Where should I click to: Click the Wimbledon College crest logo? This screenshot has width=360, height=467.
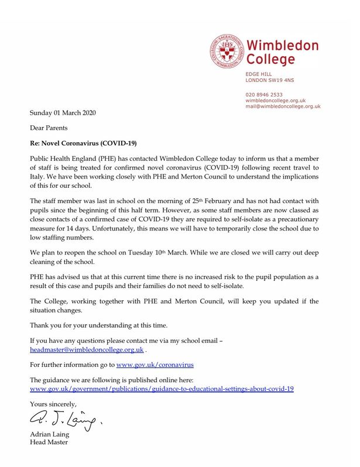[x=227, y=51]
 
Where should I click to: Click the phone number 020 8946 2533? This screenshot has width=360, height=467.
[x=263, y=94]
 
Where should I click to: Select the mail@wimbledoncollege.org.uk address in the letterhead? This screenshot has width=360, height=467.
[x=283, y=106]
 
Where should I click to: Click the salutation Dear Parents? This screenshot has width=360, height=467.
[x=49, y=127]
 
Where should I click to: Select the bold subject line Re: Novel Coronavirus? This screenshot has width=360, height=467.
[x=85, y=142]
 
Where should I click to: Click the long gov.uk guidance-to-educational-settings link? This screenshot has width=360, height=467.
[x=162, y=389]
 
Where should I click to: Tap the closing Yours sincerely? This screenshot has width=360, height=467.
[x=53, y=404]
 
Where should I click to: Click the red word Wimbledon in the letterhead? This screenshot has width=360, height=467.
[x=282, y=45]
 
